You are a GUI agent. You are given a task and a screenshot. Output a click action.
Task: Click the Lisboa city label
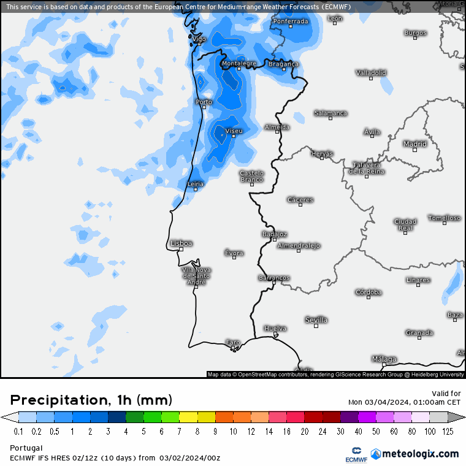181,243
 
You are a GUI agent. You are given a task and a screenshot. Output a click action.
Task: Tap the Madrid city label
414,144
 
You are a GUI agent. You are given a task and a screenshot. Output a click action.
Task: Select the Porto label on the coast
204,102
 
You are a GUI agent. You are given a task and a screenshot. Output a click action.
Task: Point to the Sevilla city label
316,320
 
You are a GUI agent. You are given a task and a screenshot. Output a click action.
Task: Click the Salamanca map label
330,113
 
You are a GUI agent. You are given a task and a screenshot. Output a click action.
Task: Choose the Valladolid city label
371,73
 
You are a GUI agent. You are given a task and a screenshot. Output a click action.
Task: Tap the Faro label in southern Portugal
233,342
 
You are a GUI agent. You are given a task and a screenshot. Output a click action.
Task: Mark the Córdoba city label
369,292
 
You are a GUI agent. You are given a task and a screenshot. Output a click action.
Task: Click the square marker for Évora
234,258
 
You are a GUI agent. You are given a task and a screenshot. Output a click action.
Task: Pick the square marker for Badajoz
274,240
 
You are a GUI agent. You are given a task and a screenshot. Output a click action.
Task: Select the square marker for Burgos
415,38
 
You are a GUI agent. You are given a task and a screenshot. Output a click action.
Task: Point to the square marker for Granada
419,338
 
